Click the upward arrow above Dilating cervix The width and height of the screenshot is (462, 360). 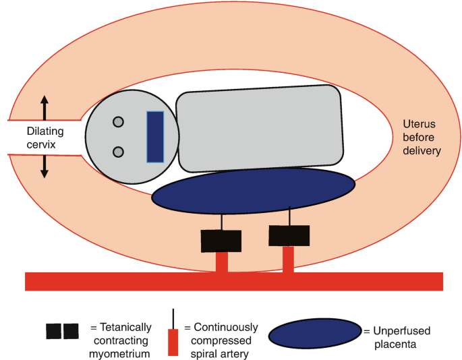click(x=45, y=107)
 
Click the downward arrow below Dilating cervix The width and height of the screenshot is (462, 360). click(x=45, y=165)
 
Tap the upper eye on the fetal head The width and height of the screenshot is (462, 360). click(x=118, y=122)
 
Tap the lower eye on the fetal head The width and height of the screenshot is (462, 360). click(x=118, y=152)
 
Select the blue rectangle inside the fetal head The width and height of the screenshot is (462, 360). click(x=155, y=137)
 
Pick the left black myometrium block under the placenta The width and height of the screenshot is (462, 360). click(x=221, y=241)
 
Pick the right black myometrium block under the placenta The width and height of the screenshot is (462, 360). click(x=289, y=235)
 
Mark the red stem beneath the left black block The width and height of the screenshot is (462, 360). click(x=221, y=262)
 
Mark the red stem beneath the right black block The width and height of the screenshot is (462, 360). click(x=288, y=260)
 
